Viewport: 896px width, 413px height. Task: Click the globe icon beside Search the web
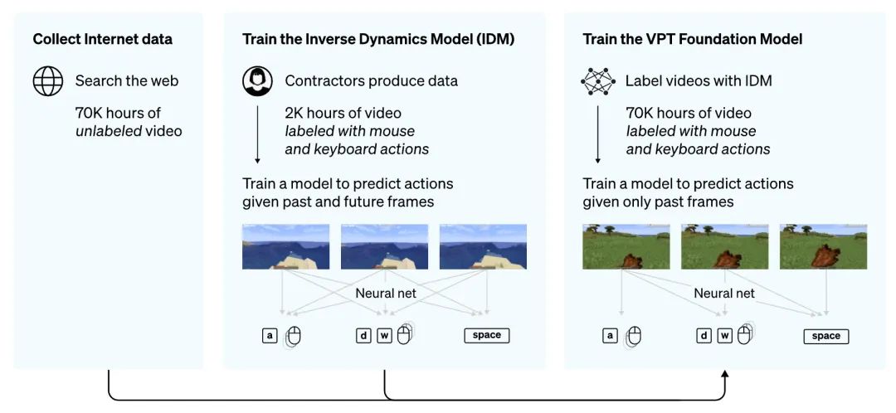(x=48, y=81)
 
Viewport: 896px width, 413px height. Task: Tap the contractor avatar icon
(x=257, y=81)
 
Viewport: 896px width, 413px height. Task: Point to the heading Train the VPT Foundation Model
(x=692, y=39)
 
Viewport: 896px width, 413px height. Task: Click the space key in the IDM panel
(x=486, y=335)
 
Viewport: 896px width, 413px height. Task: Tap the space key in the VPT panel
(x=825, y=336)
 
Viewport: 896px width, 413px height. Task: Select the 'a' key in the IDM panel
(x=270, y=335)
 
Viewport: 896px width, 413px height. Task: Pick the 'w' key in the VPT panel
(x=724, y=336)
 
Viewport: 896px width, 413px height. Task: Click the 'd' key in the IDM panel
(x=363, y=335)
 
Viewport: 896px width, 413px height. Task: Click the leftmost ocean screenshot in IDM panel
(x=285, y=246)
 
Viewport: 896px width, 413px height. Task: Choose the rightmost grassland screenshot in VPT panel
(x=823, y=246)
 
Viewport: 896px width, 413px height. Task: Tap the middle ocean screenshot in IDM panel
(x=384, y=246)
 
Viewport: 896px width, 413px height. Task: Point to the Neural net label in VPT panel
(x=724, y=293)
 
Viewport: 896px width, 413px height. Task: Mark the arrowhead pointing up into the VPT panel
(x=724, y=376)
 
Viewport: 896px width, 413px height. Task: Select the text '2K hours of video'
(x=343, y=113)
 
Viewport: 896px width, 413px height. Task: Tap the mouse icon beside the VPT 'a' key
(x=634, y=336)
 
